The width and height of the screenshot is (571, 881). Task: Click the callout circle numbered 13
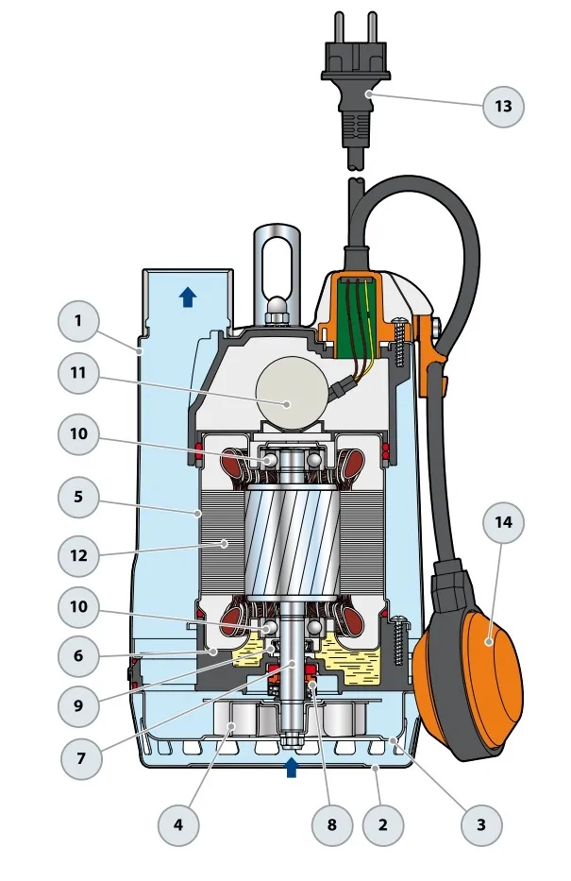point(503,106)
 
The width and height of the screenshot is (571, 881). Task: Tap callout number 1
point(78,321)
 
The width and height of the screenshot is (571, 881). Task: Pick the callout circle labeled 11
point(78,373)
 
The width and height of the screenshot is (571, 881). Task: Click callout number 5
point(78,496)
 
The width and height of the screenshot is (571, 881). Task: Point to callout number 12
point(78,555)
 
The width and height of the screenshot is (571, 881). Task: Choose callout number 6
point(78,654)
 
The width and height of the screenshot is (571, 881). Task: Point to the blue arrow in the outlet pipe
point(188,296)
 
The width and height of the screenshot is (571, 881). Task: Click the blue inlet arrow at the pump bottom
point(291,766)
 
